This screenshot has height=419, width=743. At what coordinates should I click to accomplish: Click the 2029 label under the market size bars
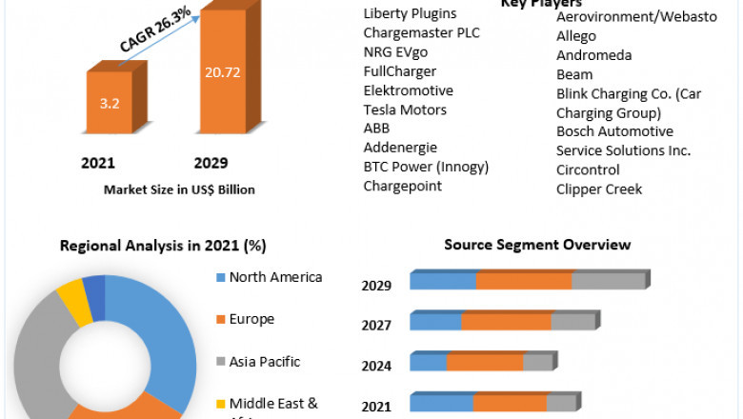coord(211,163)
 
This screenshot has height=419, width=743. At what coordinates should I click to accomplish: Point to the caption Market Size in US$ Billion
coord(179,190)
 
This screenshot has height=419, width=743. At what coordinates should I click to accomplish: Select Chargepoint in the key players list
coord(402,186)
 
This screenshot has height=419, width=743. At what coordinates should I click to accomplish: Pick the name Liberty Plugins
coord(410,13)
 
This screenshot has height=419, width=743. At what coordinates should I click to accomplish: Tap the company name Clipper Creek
coord(599,189)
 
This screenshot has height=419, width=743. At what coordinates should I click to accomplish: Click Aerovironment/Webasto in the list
coord(636,17)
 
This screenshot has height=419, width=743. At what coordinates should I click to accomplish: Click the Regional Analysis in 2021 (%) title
coord(163,245)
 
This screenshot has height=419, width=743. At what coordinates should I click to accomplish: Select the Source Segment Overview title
coord(537,245)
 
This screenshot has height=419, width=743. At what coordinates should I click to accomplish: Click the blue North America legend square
coord(221,278)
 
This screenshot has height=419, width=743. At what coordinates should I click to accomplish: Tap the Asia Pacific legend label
coord(264,361)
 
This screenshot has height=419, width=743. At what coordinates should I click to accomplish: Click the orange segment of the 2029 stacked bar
coord(523,281)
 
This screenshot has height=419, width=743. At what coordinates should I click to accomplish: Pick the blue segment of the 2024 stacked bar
coord(429,363)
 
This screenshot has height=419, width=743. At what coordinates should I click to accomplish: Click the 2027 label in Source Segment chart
coord(376,326)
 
